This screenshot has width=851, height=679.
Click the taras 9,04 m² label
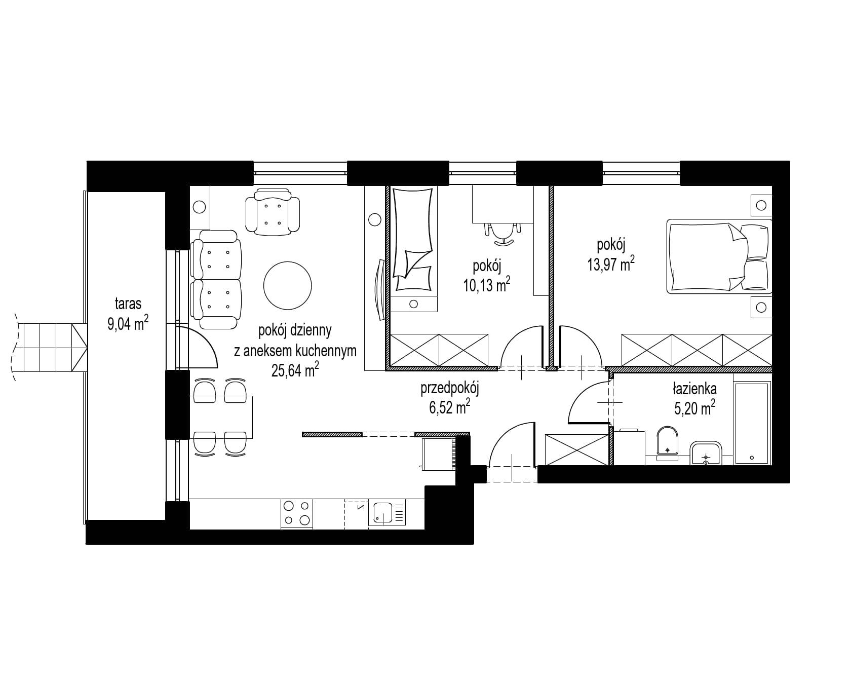(x=128, y=314)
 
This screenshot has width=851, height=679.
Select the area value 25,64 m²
(x=295, y=370)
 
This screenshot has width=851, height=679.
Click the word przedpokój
(x=450, y=389)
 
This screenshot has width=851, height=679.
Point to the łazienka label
(x=694, y=389)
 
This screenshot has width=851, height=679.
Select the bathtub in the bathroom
(x=753, y=423)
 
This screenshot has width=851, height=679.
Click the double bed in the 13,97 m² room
(x=719, y=256)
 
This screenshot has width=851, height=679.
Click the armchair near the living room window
(x=273, y=212)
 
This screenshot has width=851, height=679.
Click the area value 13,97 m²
(x=611, y=264)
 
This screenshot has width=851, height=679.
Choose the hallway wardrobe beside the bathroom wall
(x=576, y=449)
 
